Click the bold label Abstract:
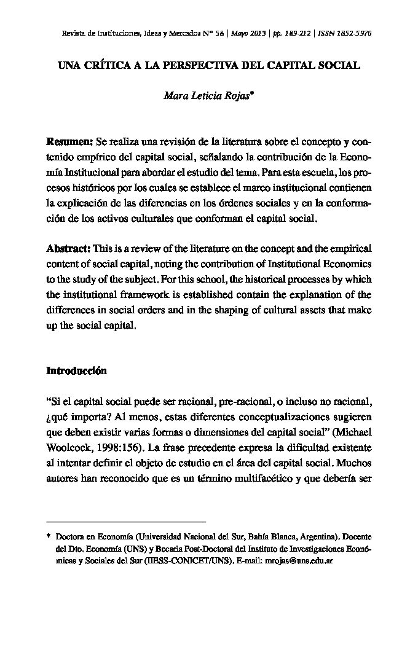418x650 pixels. point(69,249)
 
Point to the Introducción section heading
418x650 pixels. point(76,371)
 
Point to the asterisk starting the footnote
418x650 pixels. point(49,536)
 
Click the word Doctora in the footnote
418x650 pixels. point(70,537)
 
